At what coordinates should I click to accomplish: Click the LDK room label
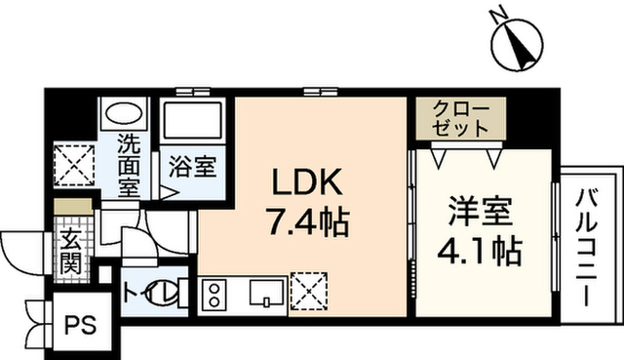pyautogui.click(x=306, y=181)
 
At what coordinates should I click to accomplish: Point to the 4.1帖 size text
pyautogui.click(x=480, y=252)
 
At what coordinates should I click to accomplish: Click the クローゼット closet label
pyautogui.click(x=461, y=118)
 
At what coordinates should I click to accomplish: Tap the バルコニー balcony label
pyautogui.click(x=587, y=248)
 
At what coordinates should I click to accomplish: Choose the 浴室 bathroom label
pyautogui.click(x=193, y=166)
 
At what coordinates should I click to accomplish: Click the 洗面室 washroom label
pyautogui.click(x=129, y=167)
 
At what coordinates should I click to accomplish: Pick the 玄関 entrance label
pyautogui.click(x=71, y=251)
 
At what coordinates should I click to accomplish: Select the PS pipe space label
pyautogui.click(x=81, y=325)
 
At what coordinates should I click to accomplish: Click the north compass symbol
pyautogui.click(x=518, y=46)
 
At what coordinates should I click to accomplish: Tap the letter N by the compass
pyautogui.click(x=498, y=17)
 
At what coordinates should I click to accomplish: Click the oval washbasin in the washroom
pyautogui.click(x=124, y=113)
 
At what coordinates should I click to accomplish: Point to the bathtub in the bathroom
pyautogui.click(x=193, y=120)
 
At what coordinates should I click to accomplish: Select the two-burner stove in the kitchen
pyautogui.click(x=214, y=295)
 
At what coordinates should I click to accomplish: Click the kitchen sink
pyautogui.click(x=267, y=293)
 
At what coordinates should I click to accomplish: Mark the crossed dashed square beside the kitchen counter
pyautogui.click(x=309, y=291)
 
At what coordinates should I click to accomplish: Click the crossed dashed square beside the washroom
pyautogui.click(x=74, y=165)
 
